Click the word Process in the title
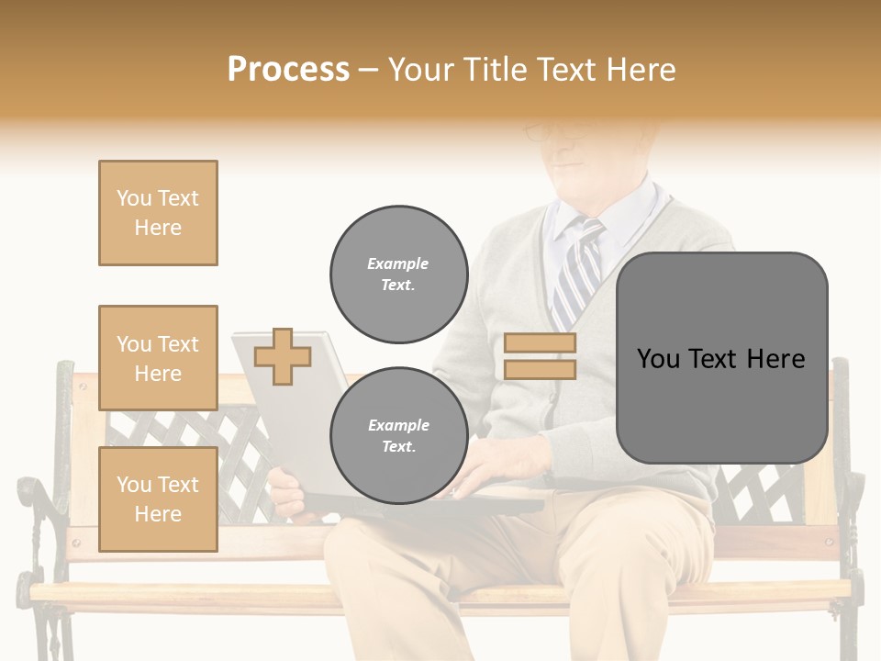(x=288, y=69)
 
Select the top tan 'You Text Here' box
(x=158, y=213)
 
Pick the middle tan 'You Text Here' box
(x=158, y=358)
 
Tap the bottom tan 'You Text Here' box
(x=158, y=499)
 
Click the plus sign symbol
(x=282, y=356)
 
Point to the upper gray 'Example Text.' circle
(x=398, y=274)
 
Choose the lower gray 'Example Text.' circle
(x=398, y=435)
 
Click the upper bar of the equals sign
(x=540, y=342)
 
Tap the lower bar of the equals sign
(x=540, y=369)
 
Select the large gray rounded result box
(x=721, y=358)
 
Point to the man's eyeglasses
(x=551, y=133)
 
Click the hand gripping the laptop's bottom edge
(x=286, y=494)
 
